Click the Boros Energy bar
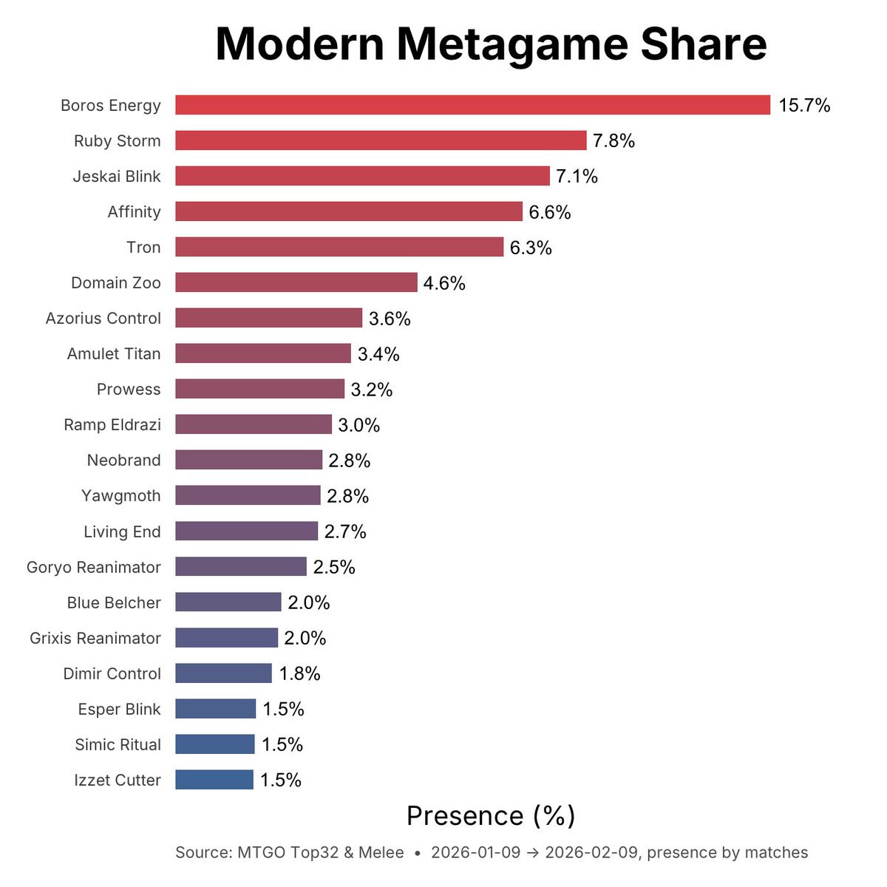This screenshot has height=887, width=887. coord(472,105)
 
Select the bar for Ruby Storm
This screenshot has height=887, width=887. coord(381,140)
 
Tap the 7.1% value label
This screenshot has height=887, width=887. coord(577,177)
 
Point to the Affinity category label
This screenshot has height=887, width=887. coord(134,212)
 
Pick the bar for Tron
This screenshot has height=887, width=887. coord(339,247)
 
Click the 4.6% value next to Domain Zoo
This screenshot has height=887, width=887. coord(444,283)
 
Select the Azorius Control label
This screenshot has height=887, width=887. coord(103,319)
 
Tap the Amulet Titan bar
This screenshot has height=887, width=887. coord(263,353)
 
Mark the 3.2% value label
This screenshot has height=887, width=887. coord(372,390)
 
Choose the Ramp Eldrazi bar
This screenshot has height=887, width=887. coord(254,424)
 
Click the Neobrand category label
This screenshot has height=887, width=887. coord(123,461)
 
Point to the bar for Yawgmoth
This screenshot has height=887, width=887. coord(248,495)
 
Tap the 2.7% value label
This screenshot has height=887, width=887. coord(345,531)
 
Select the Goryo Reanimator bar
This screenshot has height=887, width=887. coord(241,567)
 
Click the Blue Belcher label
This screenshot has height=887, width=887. coord(114,603)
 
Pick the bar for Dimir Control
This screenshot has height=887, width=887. coord(223,673)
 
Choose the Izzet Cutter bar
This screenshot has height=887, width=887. coord(214,780)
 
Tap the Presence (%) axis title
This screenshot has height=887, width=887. coord(491,816)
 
